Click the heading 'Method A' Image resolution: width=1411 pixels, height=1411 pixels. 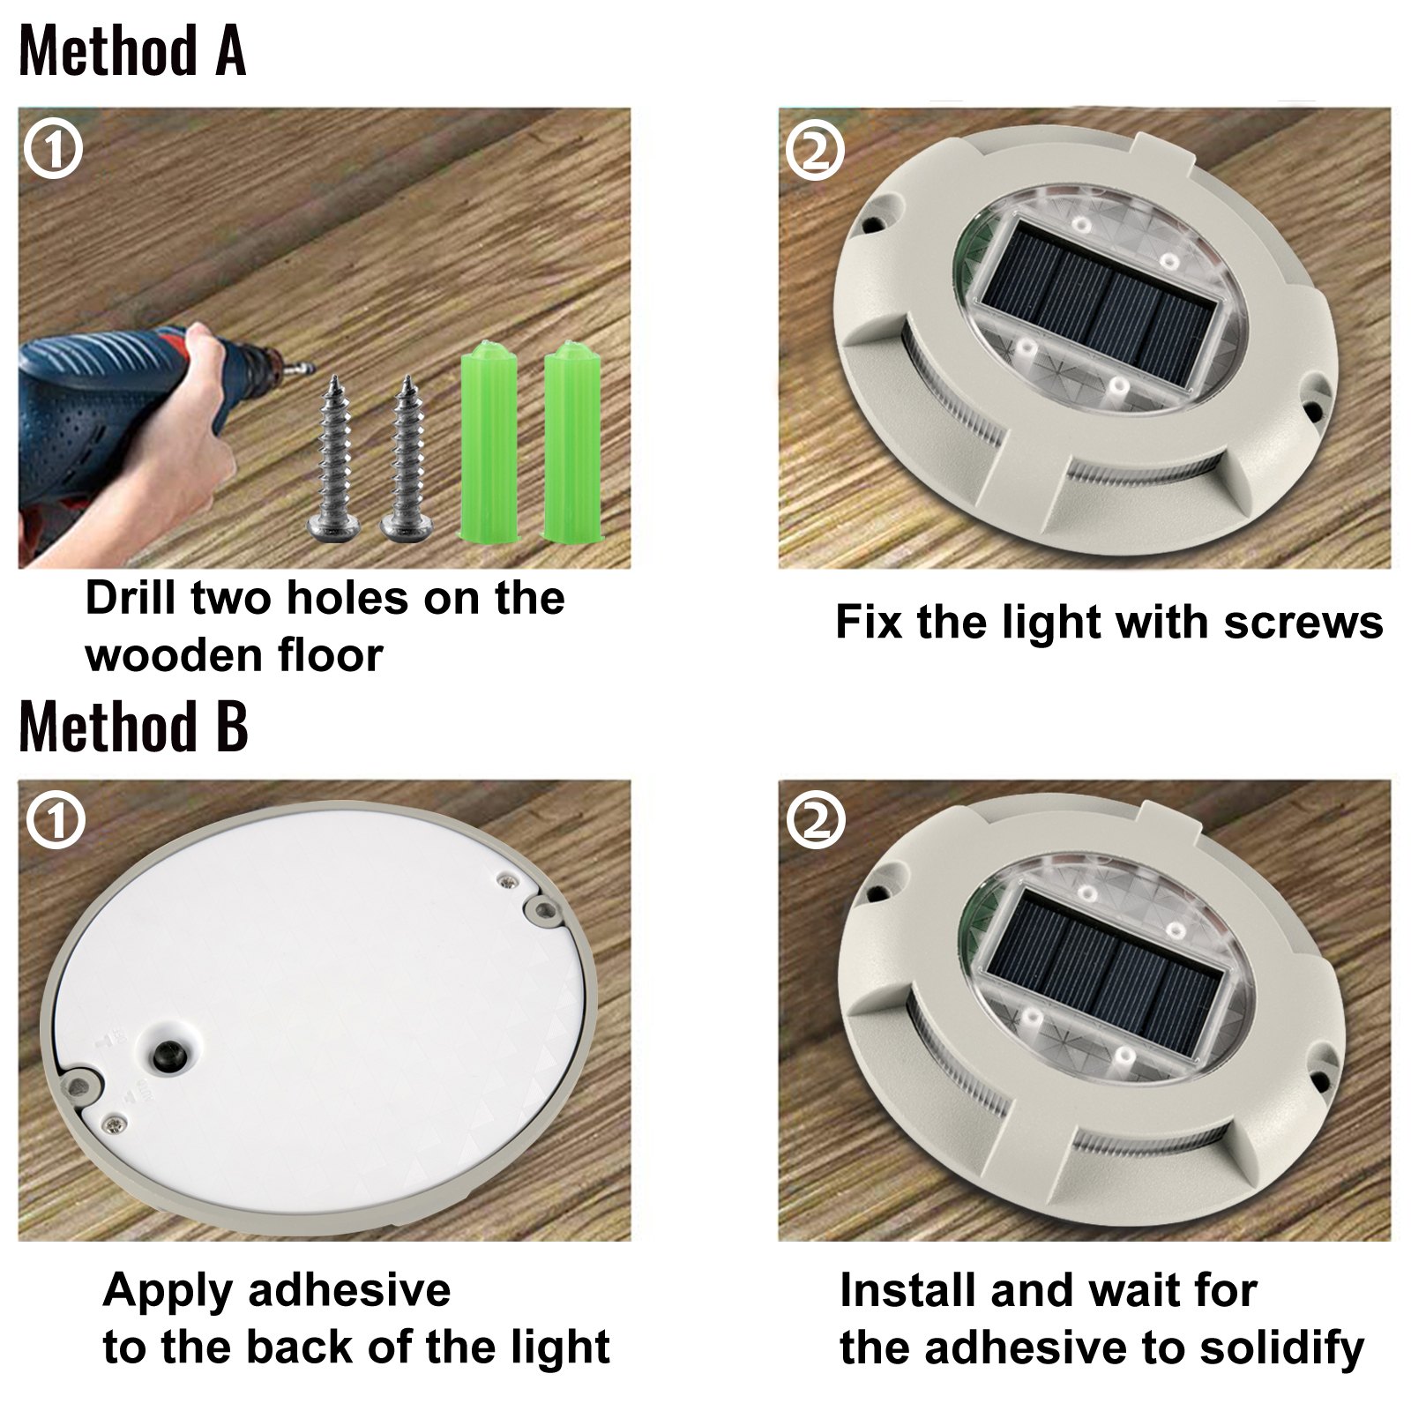pyautogui.click(x=132, y=51)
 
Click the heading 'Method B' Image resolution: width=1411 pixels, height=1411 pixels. pyautogui.click(x=133, y=728)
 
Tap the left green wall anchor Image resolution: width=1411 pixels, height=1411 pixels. pyautogui.click(x=489, y=441)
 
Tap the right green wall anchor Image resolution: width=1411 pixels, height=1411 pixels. pyautogui.click(x=571, y=441)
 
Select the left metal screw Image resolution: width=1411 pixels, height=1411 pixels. pyautogui.click(x=333, y=459)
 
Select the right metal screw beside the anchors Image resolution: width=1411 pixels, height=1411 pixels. pyautogui.click(x=407, y=459)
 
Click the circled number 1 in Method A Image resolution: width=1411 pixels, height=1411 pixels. pyautogui.click(x=53, y=150)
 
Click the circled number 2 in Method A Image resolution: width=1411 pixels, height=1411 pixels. pyautogui.click(x=815, y=151)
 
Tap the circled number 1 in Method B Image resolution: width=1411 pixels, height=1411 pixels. pyautogui.click(x=55, y=822)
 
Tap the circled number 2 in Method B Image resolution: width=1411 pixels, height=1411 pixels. pyautogui.click(x=815, y=821)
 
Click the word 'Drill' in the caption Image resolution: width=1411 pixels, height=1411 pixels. pyautogui.click(x=131, y=599)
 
